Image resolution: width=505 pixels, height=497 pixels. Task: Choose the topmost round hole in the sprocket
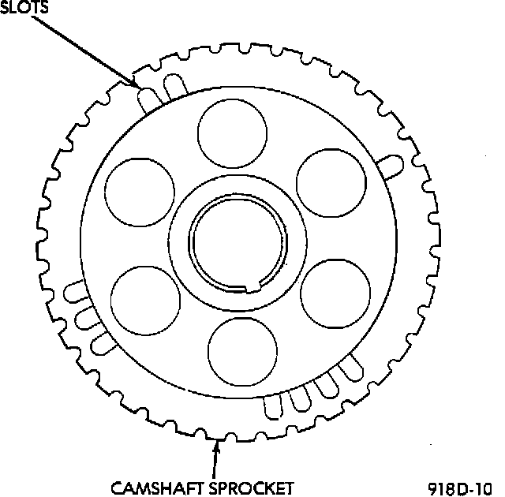(x=231, y=133)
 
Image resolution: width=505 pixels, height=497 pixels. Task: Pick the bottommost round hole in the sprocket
(x=243, y=351)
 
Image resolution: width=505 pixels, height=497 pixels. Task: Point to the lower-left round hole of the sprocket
(x=145, y=301)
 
